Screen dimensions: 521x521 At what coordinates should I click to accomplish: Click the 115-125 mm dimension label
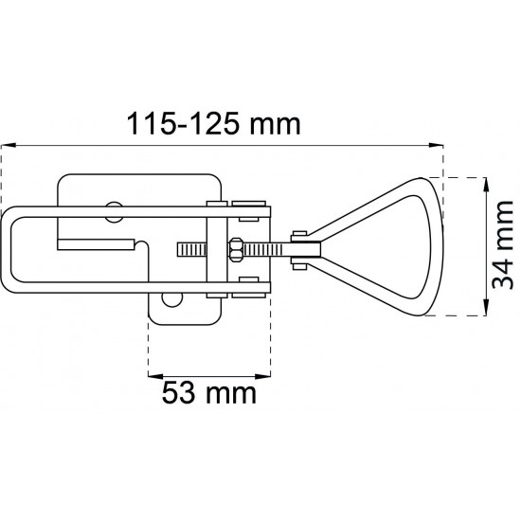214,123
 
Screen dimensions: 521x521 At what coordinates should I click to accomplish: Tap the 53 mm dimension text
209,393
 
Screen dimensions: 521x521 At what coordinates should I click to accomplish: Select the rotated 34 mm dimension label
503,245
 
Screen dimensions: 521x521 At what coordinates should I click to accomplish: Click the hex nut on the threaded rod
236,249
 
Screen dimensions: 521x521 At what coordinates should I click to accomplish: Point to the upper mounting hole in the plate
114,212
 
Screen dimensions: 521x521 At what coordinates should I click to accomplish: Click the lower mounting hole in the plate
172,299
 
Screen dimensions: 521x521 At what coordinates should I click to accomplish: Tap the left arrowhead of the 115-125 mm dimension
9,145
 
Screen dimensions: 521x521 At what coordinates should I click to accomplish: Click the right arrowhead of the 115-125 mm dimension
437,145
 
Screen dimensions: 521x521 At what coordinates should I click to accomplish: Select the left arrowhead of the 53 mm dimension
155,376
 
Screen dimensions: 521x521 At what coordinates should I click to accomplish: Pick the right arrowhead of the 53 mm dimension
262,376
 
